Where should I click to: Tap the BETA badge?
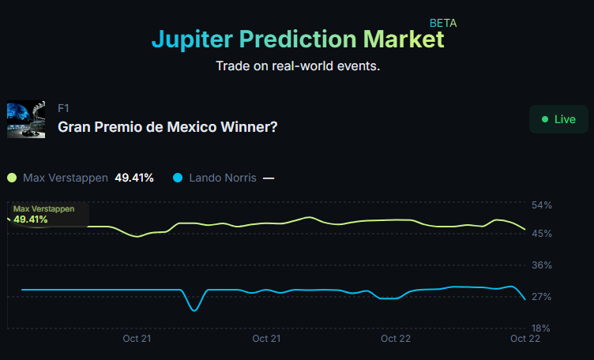tap(443, 23)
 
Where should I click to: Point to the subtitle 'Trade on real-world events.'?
tap(298, 66)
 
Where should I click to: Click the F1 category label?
tap(64, 108)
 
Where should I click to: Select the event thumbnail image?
tap(26, 119)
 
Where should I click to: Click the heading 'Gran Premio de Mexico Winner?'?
tap(167, 126)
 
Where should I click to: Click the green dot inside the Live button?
tap(544, 119)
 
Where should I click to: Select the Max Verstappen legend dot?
tap(12, 178)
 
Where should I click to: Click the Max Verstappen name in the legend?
tap(66, 178)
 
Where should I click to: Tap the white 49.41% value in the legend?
tap(134, 178)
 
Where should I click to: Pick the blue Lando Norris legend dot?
tap(178, 178)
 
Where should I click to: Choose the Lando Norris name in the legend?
tap(223, 178)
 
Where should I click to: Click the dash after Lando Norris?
tap(269, 178)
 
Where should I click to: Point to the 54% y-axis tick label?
tap(542, 205)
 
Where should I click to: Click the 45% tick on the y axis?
tap(542, 234)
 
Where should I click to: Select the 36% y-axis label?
tap(542, 265)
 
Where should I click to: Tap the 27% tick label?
tap(542, 297)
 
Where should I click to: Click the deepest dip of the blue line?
tap(194, 310)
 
